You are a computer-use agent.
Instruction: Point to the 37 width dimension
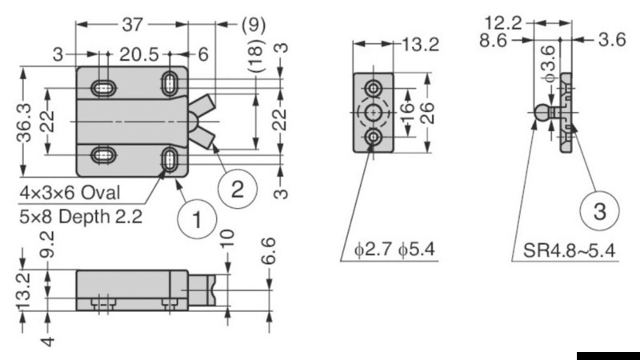pos(131,25)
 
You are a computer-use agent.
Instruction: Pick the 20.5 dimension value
pos(138,54)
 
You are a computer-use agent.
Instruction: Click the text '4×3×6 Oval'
pos(71,194)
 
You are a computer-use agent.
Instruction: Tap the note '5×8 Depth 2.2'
pos(82,216)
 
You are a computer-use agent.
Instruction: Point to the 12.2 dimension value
pos(506,22)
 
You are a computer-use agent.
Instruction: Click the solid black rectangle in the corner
pos(607,354)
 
